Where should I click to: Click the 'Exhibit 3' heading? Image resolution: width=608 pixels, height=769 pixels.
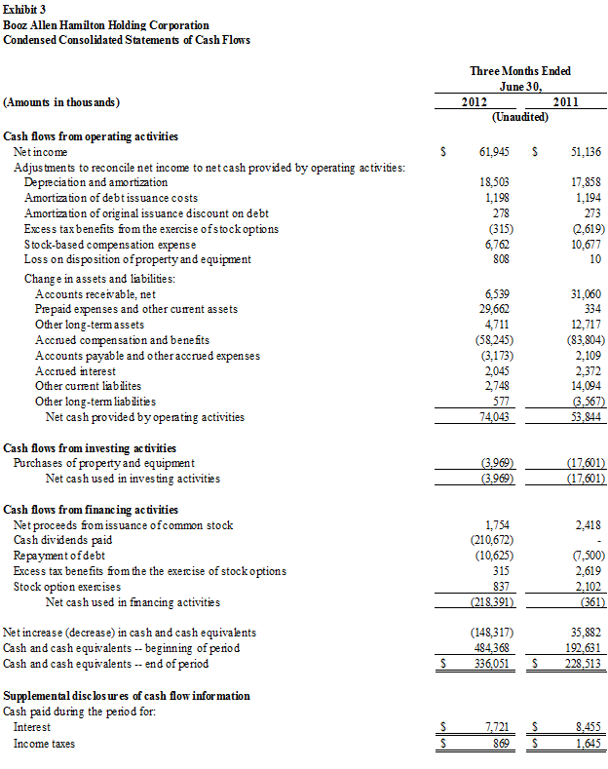pos(27,9)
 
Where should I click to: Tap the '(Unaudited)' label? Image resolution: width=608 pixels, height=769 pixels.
pos(520,117)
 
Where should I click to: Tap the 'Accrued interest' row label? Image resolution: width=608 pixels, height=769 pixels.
pos(75,371)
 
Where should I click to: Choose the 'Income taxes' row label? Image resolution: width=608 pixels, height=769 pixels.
pos(44,744)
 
